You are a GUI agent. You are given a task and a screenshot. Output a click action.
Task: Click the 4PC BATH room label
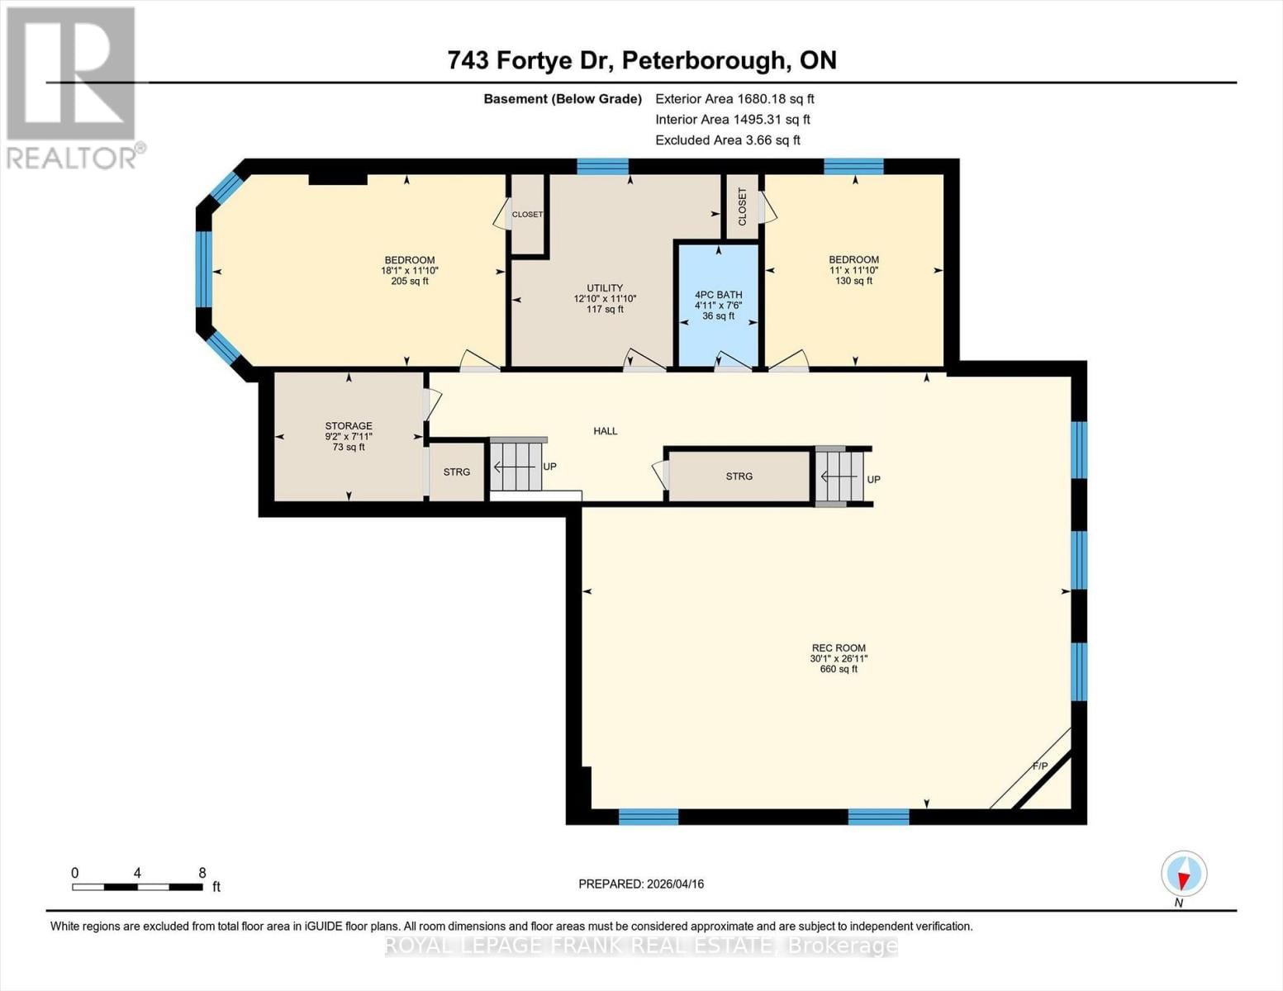(x=718, y=295)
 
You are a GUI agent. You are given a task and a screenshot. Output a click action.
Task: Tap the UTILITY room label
(x=605, y=288)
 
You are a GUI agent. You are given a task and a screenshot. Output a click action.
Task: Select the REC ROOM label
(x=839, y=648)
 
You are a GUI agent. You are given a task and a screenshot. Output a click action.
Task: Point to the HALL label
(x=605, y=431)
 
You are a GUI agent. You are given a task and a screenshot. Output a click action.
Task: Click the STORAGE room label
(x=348, y=426)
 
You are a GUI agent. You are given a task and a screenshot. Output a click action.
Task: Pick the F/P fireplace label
(x=1039, y=766)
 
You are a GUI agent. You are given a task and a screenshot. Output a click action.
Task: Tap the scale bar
(x=137, y=887)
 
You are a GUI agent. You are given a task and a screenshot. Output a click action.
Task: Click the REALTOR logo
(x=73, y=87)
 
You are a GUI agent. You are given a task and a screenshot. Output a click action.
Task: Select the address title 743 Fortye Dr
(x=642, y=60)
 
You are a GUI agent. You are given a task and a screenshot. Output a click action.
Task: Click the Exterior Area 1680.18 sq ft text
(x=734, y=98)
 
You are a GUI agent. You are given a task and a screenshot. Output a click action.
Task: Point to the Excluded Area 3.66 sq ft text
(x=727, y=140)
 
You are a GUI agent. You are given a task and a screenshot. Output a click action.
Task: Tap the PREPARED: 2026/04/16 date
(x=641, y=884)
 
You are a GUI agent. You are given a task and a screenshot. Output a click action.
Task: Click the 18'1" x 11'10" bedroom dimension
(x=409, y=271)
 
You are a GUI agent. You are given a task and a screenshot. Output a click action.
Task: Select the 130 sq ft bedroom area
(x=853, y=281)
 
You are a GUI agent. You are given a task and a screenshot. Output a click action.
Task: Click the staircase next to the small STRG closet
(x=516, y=467)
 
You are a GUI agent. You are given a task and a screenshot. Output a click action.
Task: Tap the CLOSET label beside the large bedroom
(x=527, y=215)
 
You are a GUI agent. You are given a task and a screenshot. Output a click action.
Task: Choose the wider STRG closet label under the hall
(x=739, y=477)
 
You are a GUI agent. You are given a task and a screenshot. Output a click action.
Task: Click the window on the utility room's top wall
(x=602, y=166)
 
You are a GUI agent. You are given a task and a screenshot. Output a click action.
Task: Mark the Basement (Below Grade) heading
(x=563, y=99)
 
